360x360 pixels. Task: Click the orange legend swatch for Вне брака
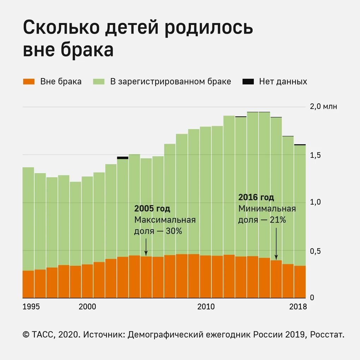pyautogui.click(x=29, y=82)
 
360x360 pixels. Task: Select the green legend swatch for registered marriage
pyautogui.click(x=98, y=82)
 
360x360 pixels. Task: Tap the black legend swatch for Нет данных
pyautogui.click(x=248, y=82)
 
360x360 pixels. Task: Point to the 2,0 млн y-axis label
pyautogui.click(x=323, y=107)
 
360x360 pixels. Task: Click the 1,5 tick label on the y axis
pyautogui.click(x=315, y=155)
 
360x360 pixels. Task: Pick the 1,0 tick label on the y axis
pyautogui.click(x=315, y=202)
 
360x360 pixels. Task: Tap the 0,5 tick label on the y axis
pyautogui.click(x=315, y=251)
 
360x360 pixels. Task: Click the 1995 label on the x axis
pyautogui.click(x=31, y=307)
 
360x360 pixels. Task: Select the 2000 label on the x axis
pyautogui.click(x=87, y=307)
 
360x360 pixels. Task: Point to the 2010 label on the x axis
pyautogui.click(x=206, y=307)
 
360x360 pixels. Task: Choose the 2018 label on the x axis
pyautogui.click(x=298, y=307)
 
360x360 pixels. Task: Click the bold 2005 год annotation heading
pyautogui.click(x=152, y=209)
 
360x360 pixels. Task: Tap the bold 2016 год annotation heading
pyautogui.click(x=256, y=197)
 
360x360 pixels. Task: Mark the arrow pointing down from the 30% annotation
pyautogui.click(x=146, y=247)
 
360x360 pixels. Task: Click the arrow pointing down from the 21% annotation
pyautogui.click(x=276, y=244)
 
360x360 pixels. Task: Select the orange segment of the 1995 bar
pyautogui.click(x=28, y=284)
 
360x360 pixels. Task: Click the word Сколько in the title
pyautogui.click(x=55, y=28)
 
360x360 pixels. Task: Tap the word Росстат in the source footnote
pyautogui.click(x=326, y=335)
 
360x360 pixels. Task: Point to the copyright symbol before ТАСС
pyautogui.click(x=26, y=335)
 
